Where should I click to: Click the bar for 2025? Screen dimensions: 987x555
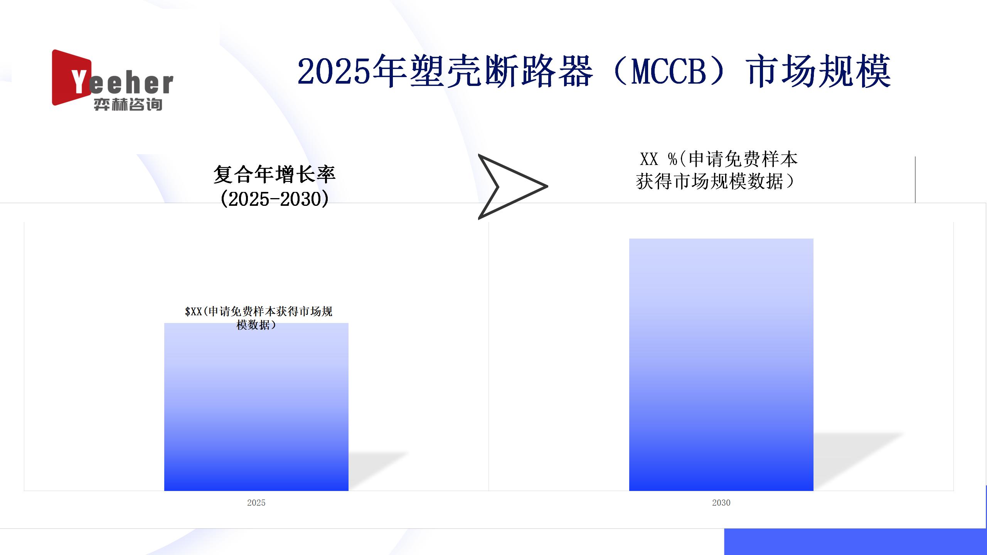coord(256,407)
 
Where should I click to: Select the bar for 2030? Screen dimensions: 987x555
coord(721,365)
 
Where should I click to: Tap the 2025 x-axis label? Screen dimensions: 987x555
coord(256,503)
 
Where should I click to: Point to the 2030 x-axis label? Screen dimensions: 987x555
coord(721,503)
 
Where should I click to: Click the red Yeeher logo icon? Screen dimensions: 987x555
coord(71,77)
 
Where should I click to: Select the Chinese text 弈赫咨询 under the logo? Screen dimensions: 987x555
coord(128,104)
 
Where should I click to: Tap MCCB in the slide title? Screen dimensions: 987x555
coord(669,72)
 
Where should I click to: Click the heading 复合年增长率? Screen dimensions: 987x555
coord(275,175)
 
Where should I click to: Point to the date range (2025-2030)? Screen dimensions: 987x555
coord(275,199)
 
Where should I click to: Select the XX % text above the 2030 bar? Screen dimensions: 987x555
coord(658,159)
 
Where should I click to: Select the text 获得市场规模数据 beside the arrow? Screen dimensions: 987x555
coord(710,182)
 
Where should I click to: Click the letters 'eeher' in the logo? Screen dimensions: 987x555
coord(131,84)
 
